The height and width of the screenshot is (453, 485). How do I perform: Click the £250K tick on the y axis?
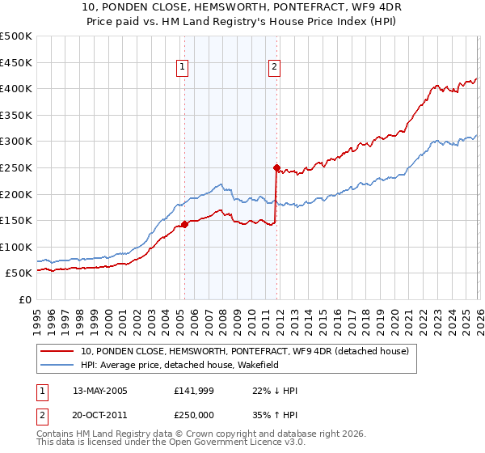click(x=16, y=167)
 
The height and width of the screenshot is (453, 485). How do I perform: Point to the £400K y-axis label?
click(x=16, y=88)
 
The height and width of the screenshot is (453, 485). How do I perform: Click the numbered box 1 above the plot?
click(x=183, y=68)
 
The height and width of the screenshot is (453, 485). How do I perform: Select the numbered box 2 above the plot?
click(x=275, y=68)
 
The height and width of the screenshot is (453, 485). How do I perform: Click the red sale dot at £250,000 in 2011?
click(x=276, y=168)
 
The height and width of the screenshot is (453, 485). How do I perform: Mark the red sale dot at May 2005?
click(x=184, y=225)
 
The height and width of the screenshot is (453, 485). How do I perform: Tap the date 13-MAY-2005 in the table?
click(x=100, y=391)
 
